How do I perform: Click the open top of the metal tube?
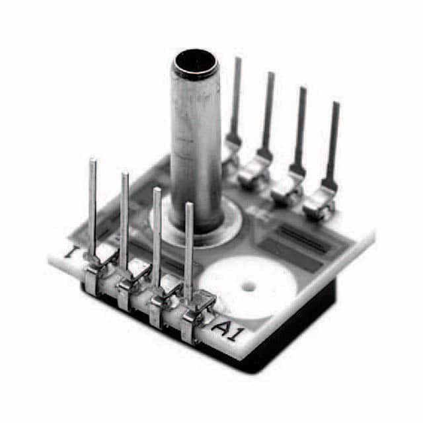click(195, 64)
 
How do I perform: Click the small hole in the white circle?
click(249, 288)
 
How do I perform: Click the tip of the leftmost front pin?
click(93, 161)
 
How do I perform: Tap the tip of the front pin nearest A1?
click(189, 206)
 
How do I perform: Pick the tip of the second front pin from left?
click(124, 175)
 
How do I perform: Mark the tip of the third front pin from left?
click(157, 191)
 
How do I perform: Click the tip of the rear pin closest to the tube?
click(237, 60)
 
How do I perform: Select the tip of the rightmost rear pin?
click(336, 105)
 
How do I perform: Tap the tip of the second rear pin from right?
click(302, 90)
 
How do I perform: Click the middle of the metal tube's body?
click(196, 145)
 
